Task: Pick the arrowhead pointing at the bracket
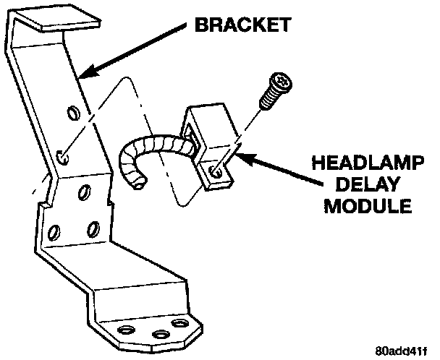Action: click(84, 73)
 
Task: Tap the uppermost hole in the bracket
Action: click(72, 113)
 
